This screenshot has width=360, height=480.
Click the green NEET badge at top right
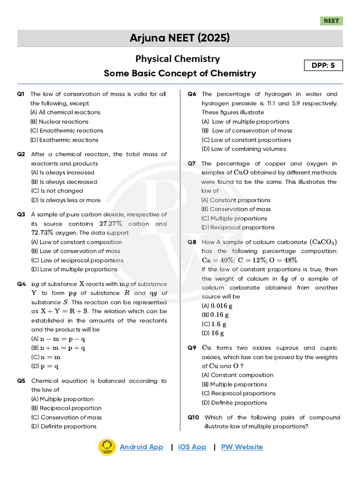tap(331, 21)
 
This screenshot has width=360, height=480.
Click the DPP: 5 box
tap(323, 66)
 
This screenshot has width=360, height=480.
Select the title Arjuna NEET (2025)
tap(180, 38)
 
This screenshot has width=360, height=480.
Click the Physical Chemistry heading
tap(178, 59)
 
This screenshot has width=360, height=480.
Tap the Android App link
tap(142, 447)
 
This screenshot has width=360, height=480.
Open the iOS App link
tap(192, 447)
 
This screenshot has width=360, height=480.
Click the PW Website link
tap(242, 447)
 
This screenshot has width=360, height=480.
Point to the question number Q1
tap(21, 94)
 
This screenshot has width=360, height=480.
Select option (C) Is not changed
tap(57, 191)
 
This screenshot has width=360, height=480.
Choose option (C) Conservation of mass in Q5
tap(66, 417)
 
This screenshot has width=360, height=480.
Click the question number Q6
tap(192, 94)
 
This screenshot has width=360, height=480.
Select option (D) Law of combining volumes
tap(243, 149)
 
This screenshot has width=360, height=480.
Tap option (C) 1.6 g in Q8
tap(214, 324)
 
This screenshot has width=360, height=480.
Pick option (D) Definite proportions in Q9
tap(234, 403)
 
